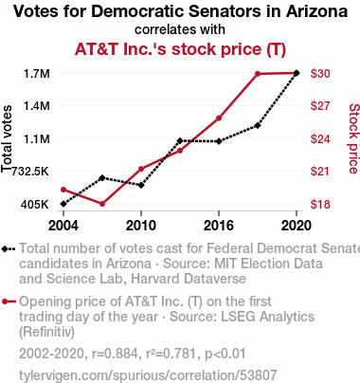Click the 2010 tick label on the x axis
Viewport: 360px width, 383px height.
[x=141, y=226]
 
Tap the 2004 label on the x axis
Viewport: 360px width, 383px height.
[x=63, y=226]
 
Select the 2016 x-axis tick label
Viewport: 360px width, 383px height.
[x=219, y=226]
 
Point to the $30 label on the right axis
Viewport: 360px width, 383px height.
[x=320, y=74]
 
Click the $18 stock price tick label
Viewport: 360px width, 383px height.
[x=320, y=205]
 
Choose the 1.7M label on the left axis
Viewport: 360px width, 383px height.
[x=37, y=74]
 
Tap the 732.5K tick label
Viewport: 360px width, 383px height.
[x=30, y=172]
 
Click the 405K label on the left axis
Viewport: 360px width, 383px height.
[x=35, y=205]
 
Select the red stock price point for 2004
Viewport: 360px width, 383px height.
[x=63, y=190]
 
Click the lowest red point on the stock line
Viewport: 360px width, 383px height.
[x=102, y=204]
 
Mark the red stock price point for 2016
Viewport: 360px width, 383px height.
[x=219, y=119]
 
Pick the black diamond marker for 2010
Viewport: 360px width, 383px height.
[x=141, y=185]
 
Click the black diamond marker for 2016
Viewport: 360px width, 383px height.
[x=219, y=141]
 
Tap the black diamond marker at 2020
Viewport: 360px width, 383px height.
[x=297, y=73]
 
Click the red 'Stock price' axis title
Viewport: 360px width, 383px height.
[x=354, y=138]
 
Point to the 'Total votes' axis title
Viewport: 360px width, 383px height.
[x=7, y=138]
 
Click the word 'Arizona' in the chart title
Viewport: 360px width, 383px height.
[x=317, y=11]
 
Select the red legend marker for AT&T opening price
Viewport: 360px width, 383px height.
[x=9, y=301]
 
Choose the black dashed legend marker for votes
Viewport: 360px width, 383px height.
[x=9, y=248]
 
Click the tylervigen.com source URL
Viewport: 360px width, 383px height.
[x=148, y=375]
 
